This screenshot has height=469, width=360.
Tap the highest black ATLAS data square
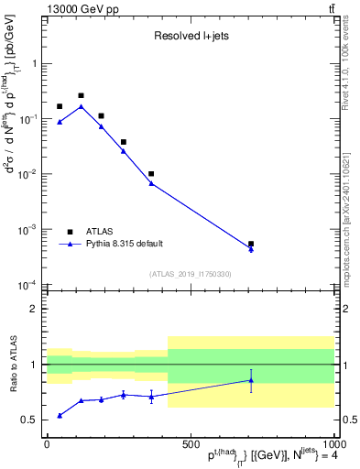(81, 95)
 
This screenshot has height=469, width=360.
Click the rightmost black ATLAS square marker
(251, 245)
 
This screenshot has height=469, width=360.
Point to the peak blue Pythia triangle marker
(81, 106)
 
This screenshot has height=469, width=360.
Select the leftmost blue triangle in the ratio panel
(60, 415)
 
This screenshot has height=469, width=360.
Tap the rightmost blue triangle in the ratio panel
(251, 380)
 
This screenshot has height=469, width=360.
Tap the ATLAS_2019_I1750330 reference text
(190, 274)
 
